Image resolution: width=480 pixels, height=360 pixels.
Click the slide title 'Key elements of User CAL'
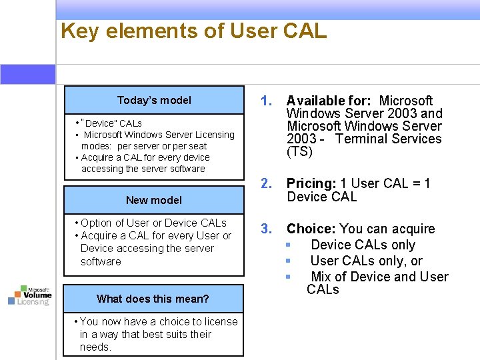[193, 31]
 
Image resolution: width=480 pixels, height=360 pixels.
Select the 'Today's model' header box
[154, 101]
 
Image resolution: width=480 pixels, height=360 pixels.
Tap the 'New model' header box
[154, 200]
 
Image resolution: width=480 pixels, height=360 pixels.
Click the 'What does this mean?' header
[153, 299]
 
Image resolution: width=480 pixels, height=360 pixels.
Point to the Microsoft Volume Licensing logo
[29, 294]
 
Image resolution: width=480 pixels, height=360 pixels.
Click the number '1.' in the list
[267, 101]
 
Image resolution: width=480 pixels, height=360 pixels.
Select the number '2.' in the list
[267, 183]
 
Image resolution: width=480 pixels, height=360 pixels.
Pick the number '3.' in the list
[267, 229]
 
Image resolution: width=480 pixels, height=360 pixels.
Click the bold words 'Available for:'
[329, 101]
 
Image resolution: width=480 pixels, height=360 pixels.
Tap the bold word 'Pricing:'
[311, 183]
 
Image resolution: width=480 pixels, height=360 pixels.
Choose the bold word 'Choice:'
[311, 229]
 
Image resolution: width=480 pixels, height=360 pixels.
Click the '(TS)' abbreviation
[299, 151]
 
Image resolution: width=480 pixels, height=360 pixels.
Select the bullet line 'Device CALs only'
[363, 245]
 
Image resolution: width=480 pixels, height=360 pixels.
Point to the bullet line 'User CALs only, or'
[366, 261]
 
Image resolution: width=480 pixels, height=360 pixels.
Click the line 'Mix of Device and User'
[379, 277]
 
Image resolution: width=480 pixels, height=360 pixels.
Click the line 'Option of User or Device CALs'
[153, 223]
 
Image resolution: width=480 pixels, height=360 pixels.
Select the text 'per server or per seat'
[162, 146]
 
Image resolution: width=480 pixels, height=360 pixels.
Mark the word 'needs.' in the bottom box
[95, 347]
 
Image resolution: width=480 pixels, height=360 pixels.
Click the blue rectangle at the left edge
[27, 74]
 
